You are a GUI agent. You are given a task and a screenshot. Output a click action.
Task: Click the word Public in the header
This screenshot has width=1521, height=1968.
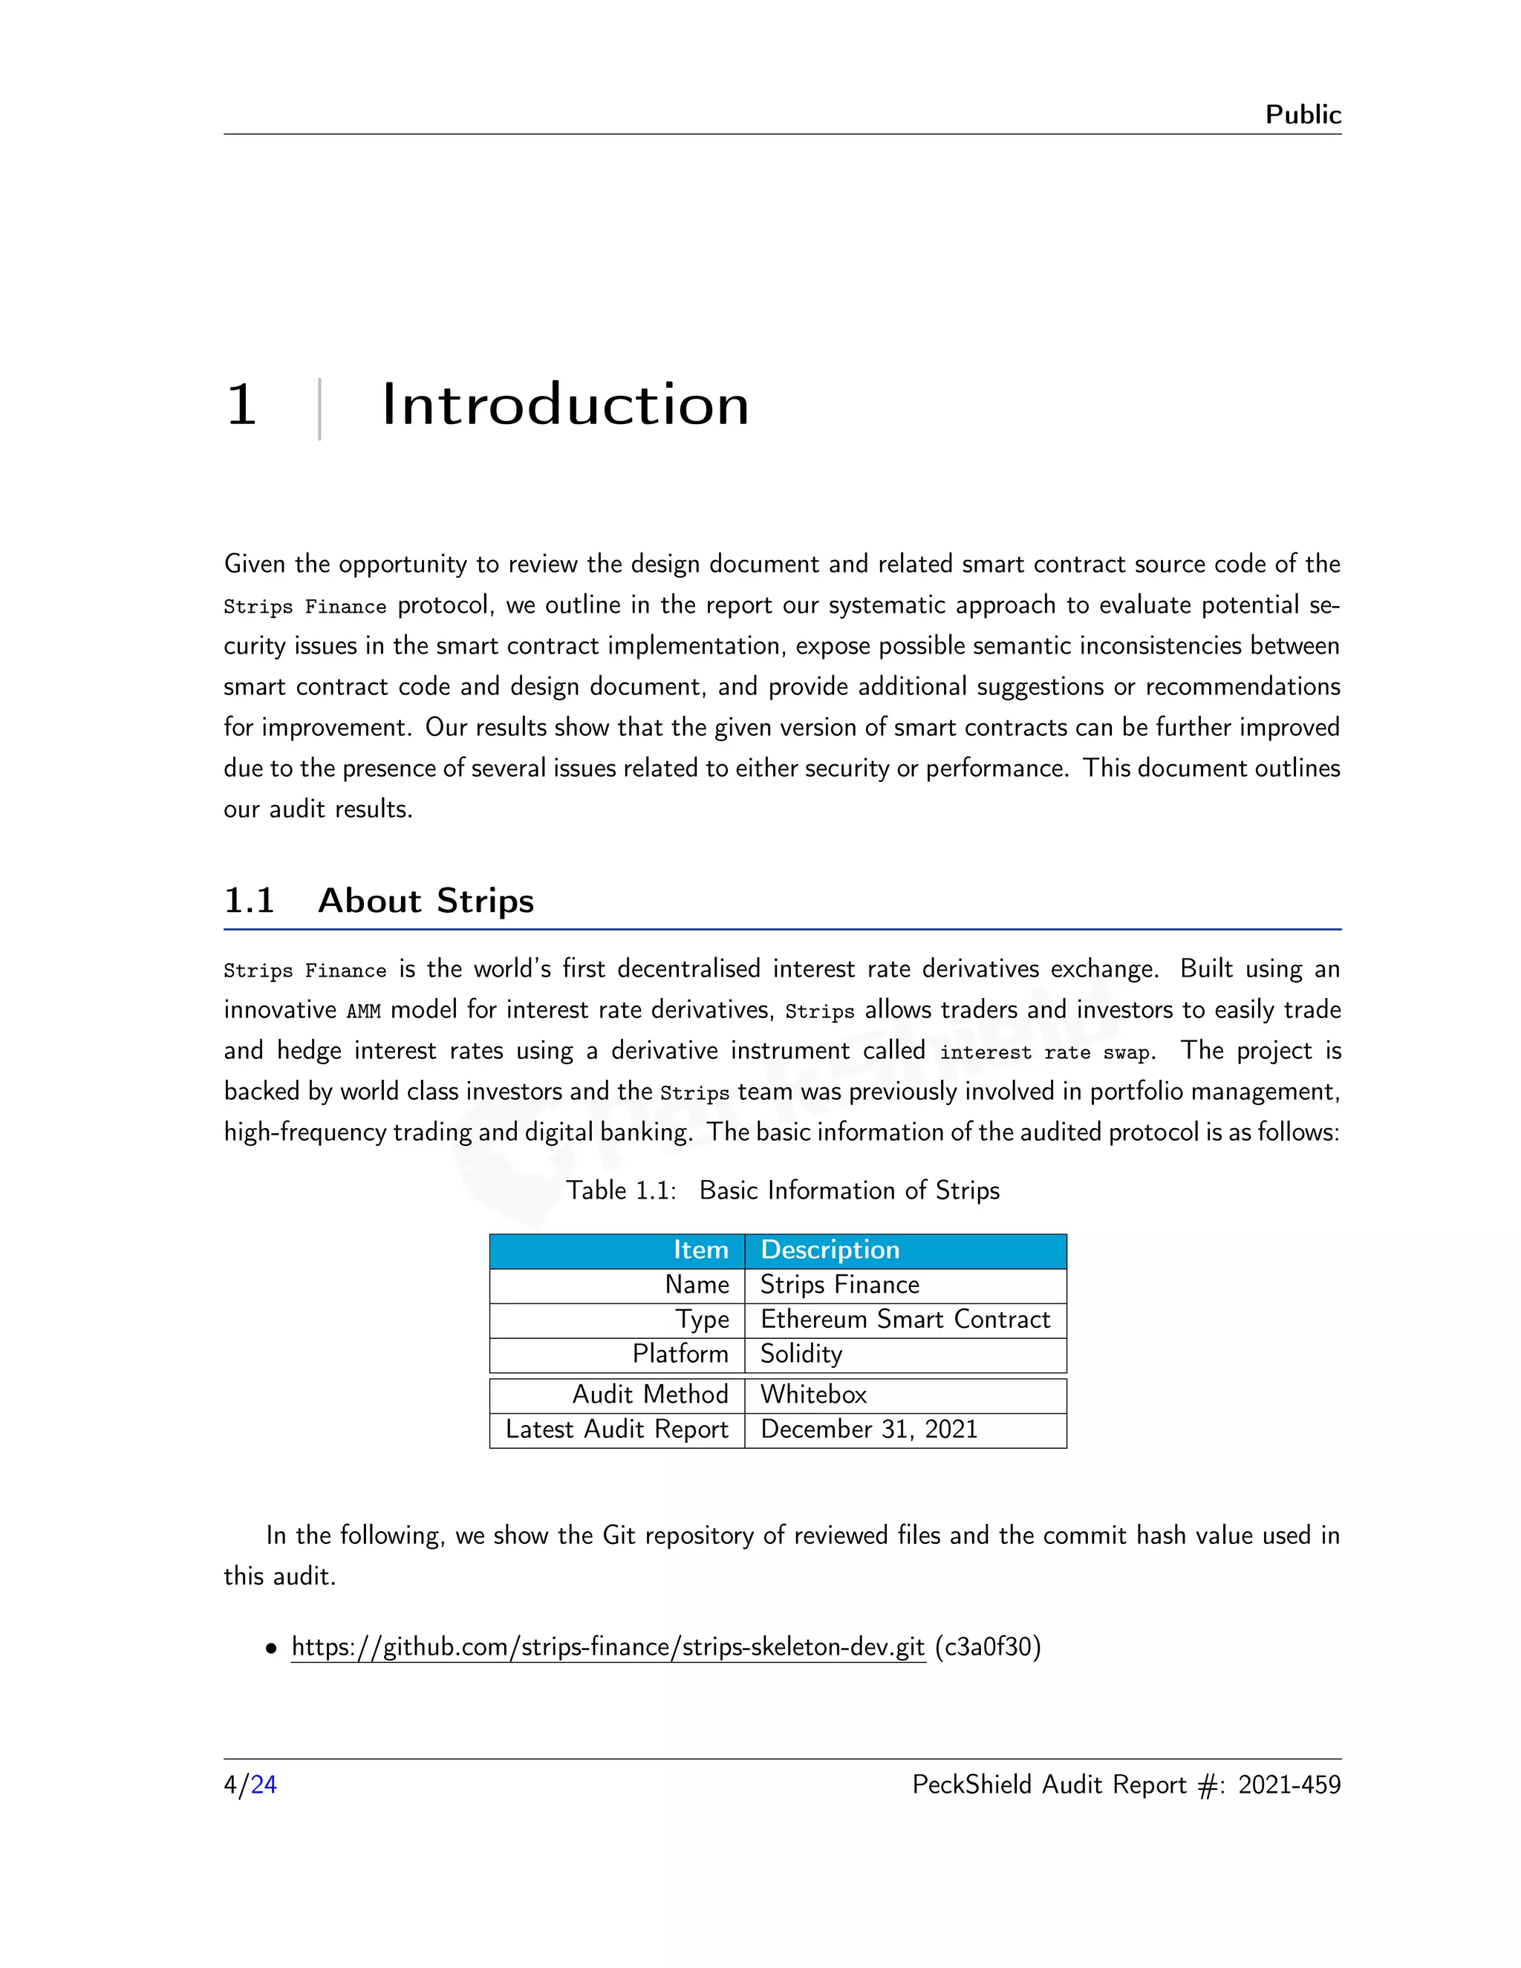(1302, 114)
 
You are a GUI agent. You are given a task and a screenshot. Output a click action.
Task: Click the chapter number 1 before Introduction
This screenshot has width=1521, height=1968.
(241, 405)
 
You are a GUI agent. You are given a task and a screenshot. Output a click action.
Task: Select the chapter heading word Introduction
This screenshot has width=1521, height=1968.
(565, 405)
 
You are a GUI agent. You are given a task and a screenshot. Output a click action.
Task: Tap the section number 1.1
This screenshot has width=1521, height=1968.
(249, 900)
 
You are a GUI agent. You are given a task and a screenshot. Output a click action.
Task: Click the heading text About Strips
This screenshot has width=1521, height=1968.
(426, 900)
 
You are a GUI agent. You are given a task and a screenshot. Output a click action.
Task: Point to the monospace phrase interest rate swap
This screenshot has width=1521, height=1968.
(1045, 1052)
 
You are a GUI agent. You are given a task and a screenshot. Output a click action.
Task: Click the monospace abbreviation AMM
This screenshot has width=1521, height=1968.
(363, 1011)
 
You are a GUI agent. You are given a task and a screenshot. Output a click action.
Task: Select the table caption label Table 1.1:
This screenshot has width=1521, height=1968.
(621, 1190)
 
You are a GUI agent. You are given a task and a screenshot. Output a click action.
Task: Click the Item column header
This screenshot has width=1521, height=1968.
(700, 1250)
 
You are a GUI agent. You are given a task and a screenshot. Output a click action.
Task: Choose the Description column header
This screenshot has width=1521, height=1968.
(830, 1250)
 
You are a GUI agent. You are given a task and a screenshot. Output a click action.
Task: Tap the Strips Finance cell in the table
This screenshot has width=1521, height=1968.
(840, 1284)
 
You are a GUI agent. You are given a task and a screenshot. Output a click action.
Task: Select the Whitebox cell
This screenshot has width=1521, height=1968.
(812, 1395)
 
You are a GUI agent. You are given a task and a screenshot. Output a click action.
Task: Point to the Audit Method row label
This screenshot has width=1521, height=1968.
(650, 1395)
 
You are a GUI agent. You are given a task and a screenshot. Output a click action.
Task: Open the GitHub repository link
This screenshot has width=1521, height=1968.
(608, 1646)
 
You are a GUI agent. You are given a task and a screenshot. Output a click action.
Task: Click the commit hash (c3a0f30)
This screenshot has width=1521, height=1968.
(988, 1646)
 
